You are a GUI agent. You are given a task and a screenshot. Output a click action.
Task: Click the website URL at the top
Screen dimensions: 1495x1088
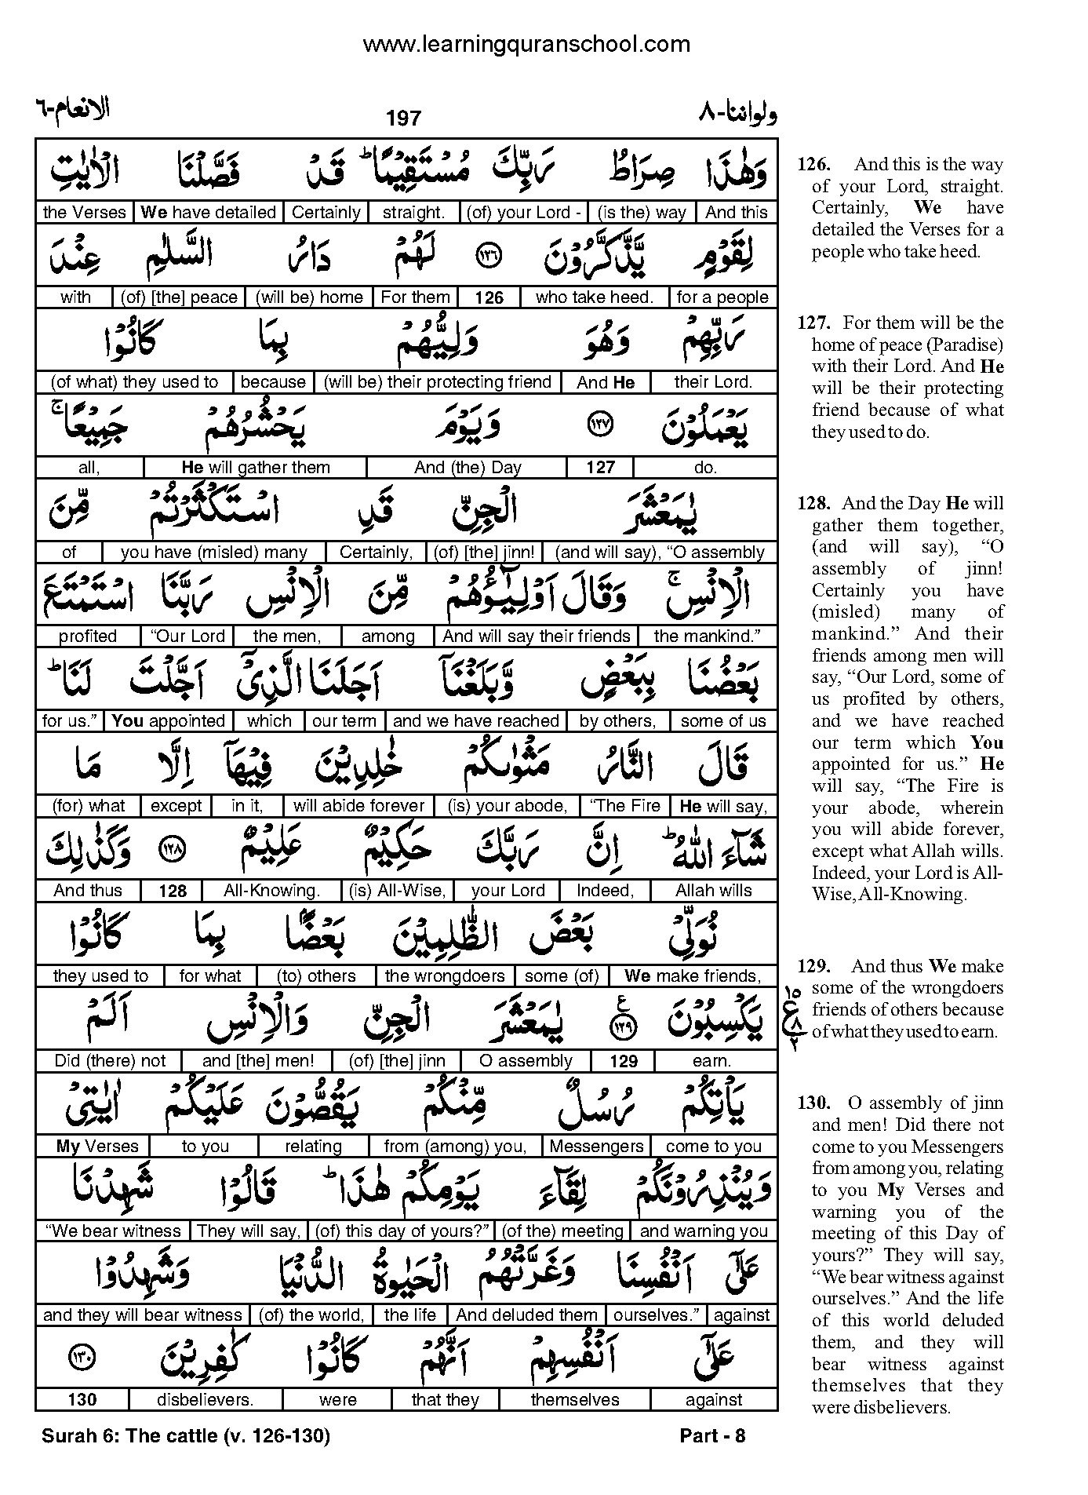[x=526, y=45]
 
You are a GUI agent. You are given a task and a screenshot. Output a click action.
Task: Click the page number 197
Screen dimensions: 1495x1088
[x=403, y=119]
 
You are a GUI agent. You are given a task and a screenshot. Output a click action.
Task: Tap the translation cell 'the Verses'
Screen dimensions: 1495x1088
[x=84, y=213]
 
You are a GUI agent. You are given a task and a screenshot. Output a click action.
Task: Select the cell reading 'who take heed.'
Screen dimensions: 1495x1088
[x=594, y=297]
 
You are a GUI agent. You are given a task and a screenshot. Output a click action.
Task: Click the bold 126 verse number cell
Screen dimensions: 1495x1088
[x=489, y=298]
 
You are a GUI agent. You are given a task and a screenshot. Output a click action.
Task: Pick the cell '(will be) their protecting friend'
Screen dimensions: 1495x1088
[x=438, y=382]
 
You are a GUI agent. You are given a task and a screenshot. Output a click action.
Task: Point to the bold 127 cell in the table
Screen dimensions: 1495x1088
[x=600, y=468]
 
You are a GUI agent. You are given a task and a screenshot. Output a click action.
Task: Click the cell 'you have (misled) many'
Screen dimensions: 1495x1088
[x=214, y=552]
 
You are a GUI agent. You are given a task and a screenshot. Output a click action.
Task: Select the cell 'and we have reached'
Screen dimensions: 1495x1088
[x=476, y=721]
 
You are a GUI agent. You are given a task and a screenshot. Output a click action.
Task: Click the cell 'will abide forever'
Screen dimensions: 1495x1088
[x=358, y=806]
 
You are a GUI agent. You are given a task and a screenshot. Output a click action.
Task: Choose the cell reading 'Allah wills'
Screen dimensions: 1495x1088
[x=713, y=891]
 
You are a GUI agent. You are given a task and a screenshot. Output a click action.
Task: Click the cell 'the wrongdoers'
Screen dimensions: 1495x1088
[x=445, y=976]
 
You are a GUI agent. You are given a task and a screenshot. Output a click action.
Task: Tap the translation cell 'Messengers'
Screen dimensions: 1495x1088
[x=596, y=1147]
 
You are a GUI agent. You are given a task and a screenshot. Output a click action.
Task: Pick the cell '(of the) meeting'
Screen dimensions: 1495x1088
[x=562, y=1231]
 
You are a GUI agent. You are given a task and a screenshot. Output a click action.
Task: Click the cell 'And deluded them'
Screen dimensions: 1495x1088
[x=526, y=1315]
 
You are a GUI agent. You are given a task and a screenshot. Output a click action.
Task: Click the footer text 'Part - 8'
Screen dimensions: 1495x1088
[x=712, y=1436]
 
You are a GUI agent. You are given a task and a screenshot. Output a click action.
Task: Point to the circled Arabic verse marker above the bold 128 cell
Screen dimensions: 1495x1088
[x=171, y=849]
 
